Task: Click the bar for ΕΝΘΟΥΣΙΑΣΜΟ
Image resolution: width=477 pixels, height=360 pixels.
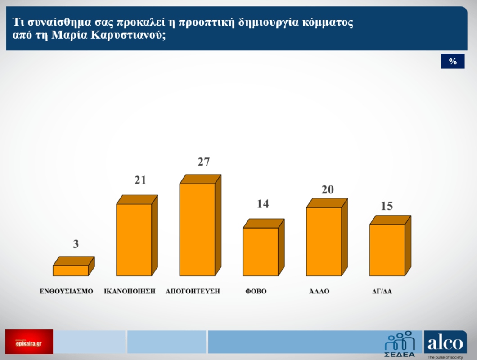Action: click(71, 270)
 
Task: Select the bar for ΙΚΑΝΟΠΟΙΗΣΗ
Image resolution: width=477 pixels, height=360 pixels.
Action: click(134, 239)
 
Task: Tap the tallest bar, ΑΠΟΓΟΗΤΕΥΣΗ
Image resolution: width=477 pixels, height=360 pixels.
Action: click(197, 229)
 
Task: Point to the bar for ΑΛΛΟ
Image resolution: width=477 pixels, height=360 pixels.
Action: click(324, 241)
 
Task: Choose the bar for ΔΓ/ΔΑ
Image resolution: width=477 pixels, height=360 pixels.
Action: click(387, 250)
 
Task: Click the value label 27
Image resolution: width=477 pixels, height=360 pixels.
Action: click(204, 162)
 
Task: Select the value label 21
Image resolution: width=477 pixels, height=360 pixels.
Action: click(140, 180)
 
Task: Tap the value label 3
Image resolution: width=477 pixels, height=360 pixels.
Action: click(76, 244)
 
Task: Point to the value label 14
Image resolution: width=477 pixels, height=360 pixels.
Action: click(263, 204)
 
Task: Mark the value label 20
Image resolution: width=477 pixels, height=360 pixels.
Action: click(327, 189)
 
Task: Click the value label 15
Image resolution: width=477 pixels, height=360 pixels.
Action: click(387, 206)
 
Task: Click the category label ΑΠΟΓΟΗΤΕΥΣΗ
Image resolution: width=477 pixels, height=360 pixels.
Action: click(193, 291)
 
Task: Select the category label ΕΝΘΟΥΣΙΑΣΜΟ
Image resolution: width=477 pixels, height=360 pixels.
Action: click(66, 291)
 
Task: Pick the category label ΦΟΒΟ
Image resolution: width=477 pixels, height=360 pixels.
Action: click(256, 291)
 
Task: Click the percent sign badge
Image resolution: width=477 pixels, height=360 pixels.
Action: click(453, 62)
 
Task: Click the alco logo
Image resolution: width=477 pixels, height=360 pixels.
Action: click(445, 343)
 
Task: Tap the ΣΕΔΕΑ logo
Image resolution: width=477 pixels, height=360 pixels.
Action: click(400, 343)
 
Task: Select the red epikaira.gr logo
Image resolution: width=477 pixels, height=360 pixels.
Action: click(29, 342)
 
